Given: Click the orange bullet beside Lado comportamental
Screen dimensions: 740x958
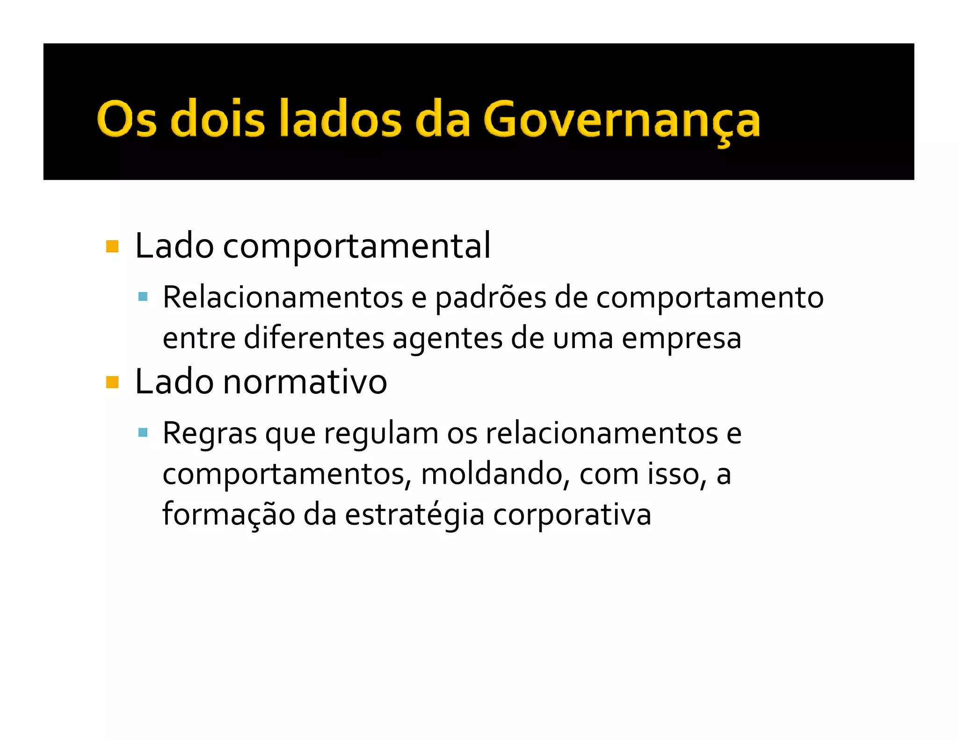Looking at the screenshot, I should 112,246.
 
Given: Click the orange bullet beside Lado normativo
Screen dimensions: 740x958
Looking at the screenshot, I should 112,382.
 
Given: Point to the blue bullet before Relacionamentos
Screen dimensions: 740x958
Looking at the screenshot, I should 143,297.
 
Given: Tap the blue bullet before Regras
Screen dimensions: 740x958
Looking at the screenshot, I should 143,433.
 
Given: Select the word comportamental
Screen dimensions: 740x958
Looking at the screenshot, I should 356,246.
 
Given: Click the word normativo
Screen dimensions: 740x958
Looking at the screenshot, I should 305,382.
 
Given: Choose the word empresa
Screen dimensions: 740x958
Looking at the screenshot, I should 681,339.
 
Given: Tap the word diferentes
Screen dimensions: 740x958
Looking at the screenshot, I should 314,338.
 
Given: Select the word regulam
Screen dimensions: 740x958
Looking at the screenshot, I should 381,434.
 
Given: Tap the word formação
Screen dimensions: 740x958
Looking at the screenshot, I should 228,515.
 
